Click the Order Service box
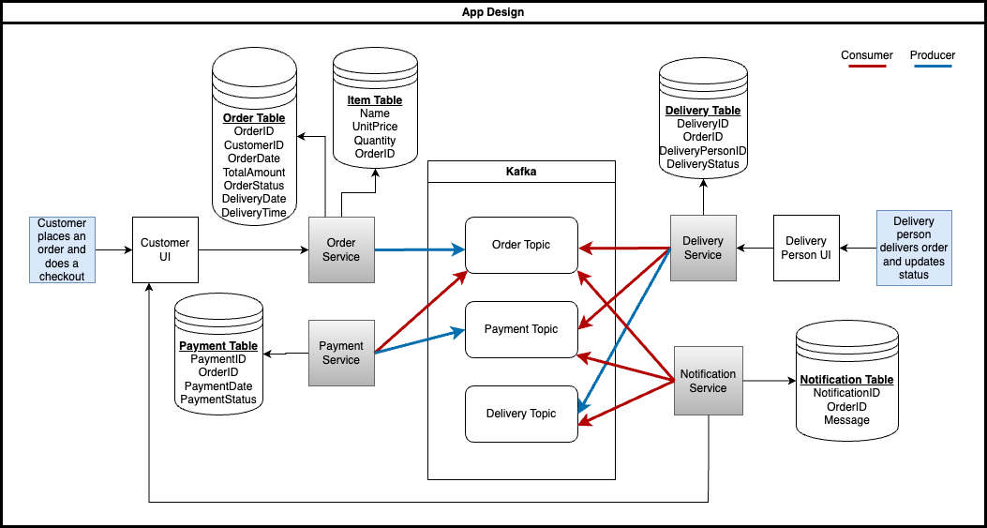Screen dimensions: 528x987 pyautogui.click(x=341, y=249)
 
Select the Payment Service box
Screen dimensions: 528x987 pyautogui.click(x=341, y=353)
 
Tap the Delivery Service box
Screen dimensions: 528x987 pyautogui.click(x=703, y=248)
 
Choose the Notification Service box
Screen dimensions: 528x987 pyautogui.click(x=708, y=381)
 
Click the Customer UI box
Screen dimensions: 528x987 pyautogui.click(x=165, y=249)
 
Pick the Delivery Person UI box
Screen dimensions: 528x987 pyautogui.click(x=806, y=248)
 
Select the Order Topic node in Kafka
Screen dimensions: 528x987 pyautogui.click(x=521, y=245)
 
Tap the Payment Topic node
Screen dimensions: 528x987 pyautogui.click(x=521, y=329)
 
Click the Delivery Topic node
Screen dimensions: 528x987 pyautogui.click(x=521, y=414)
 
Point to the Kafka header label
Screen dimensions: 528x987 pyautogui.click(x=521, y=173)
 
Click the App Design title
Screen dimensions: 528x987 pyautogui.click(x=493, y=11)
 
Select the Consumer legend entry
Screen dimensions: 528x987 pyautogui.click(x=867, y=55)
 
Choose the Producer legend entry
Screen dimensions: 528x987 pyautogui.click(x=933, y=55)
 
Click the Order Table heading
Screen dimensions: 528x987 pyautogui.click(x=254, y=118)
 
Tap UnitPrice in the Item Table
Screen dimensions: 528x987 pyautogui.click(x=375, y=127)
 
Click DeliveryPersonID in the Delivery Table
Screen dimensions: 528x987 pyautogui.click(x=703, y=151)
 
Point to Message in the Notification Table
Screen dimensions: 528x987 pyautogui.click(x=846, y=420)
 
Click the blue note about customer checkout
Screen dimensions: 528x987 pyautogui.click(x=62, y=249)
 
